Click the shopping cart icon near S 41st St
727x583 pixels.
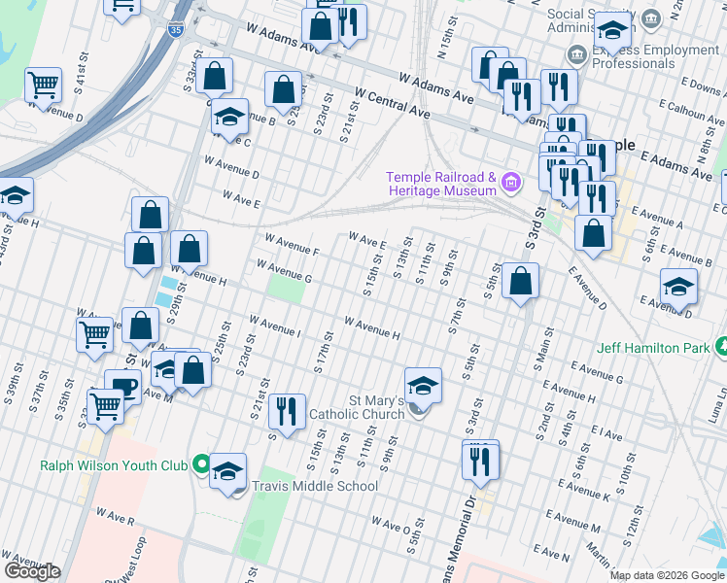(43, 86)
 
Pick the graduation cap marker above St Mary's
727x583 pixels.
(423, 386)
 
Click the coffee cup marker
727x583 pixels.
(121, 387)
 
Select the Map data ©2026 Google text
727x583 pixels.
(667, 575)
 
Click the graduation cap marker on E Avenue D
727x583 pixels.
(677, 288)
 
